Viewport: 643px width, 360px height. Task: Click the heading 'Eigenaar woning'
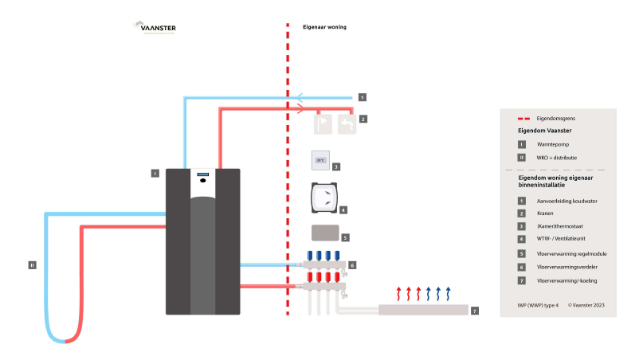[324, 27]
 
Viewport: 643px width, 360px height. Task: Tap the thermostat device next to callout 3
[320, 160]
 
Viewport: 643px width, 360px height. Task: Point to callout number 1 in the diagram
[362, 97]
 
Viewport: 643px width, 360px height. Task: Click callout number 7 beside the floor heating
[475, 310]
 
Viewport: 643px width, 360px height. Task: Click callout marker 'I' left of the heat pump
[155, 172]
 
